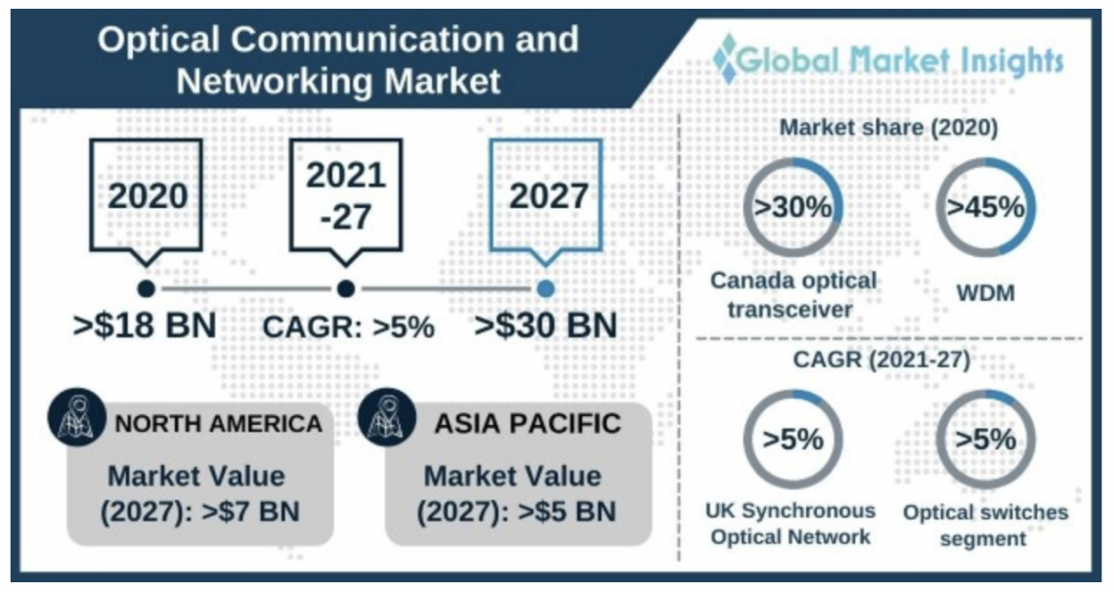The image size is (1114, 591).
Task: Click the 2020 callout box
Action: pos(148,195)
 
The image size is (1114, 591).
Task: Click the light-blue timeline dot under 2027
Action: pos(546,288)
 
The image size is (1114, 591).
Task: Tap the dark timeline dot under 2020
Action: pos(147,288)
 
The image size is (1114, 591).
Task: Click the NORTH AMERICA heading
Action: pos(219,424)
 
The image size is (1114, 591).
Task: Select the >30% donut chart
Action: pos(793,207)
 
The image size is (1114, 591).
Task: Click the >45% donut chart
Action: pos(985,207)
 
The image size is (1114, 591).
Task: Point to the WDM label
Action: pos(984,292)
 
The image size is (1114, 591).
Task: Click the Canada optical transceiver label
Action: pos(793,293)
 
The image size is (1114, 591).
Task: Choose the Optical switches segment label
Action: pos(985,525)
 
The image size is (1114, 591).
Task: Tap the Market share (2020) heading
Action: pos(888,128)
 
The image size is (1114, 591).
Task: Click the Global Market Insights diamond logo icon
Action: pos(726,59)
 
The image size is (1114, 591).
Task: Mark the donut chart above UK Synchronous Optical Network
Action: pos(793,439)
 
